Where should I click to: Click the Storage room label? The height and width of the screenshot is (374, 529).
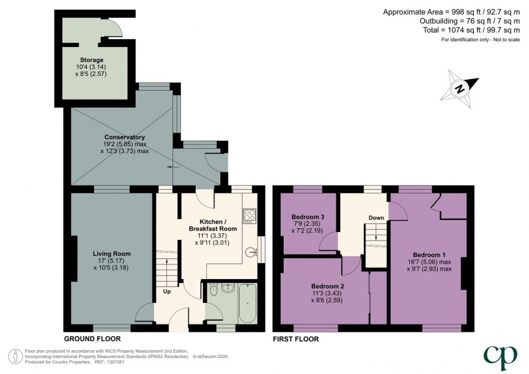tap(83, 59)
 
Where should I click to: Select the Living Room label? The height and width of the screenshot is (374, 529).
tap(112, 253)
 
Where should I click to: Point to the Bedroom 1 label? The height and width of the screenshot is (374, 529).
tap(429, 254)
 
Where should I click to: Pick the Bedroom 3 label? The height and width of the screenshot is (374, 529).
tap(308, 217)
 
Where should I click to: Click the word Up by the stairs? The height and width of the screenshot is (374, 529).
tap(166, 291)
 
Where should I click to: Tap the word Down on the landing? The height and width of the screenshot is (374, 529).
tap(376, 217)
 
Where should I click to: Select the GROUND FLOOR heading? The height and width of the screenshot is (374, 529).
tap(92, 338)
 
